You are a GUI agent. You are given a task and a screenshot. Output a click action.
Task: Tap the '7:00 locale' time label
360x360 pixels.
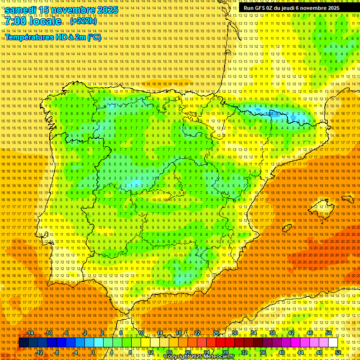(x=33, y=21)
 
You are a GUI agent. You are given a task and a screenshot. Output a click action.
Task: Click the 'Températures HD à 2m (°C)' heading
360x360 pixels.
(x=52, y=37)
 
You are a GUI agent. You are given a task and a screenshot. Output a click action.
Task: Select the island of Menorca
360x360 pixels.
(x=347, y=199)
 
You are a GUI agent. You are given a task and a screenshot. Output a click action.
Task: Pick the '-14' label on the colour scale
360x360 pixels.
(x=30, y=333)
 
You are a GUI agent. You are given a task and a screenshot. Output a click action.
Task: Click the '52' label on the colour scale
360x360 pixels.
(x=338, y=352)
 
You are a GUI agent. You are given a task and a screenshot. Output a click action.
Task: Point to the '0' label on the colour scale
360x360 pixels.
(x=93, y=352)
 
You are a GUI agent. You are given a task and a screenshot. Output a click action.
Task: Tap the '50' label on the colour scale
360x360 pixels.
(x=329, y=333)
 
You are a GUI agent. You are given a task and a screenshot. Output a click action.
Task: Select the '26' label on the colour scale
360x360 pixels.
(x=216, y=333)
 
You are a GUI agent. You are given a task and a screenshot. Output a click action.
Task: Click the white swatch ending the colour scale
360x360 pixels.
(x=333, y=343)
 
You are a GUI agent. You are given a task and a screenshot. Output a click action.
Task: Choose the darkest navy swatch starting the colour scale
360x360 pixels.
(x=23, y=343)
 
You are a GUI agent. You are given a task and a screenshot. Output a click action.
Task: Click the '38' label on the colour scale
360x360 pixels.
(x=272, y=333)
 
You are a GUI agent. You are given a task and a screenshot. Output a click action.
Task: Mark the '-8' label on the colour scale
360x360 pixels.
(x=57, y=352)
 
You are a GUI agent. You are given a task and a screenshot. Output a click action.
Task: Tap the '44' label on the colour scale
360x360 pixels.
(x=300, y=352)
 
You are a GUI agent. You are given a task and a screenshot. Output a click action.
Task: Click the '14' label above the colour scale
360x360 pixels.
(x=160, y=333)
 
